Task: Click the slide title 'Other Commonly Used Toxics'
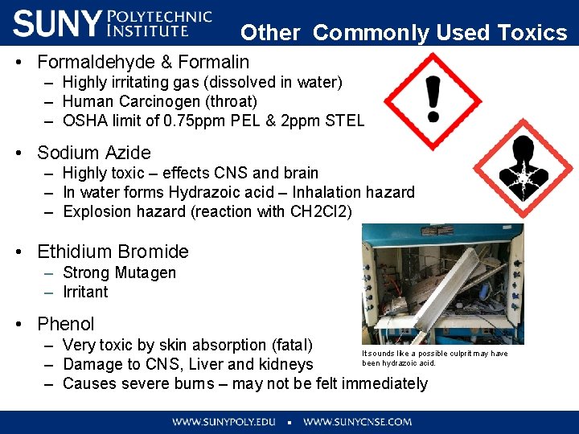tap(404, 32)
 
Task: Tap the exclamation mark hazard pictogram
tap(433, 100)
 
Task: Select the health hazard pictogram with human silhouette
tap(523, 167)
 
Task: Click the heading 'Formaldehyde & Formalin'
tap(143, 62)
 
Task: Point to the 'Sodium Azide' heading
tap(94, 153)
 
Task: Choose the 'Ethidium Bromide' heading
tap(113, 252)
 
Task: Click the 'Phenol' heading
tap(66, 324)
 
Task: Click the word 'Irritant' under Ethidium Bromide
tap(85, 292)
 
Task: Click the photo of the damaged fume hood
tap(442, 284)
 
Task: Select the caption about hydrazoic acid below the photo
tap(435, 358)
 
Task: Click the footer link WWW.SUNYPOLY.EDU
tap(224, 421)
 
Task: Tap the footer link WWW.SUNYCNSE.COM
tap(357, 421)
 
